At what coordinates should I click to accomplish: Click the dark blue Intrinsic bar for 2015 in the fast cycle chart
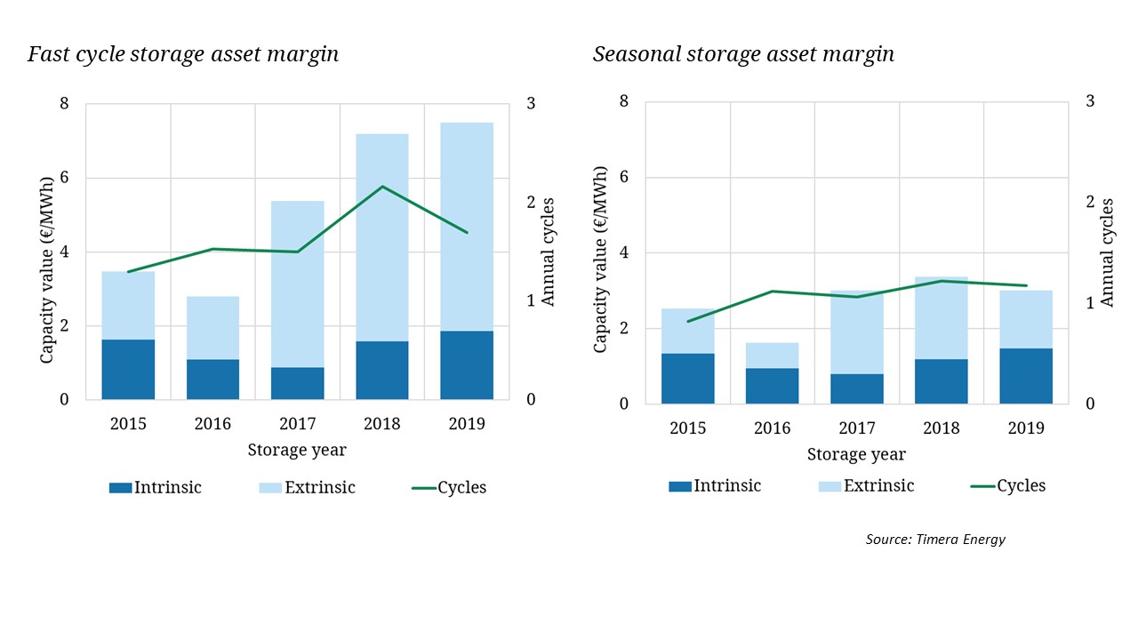[128, 370]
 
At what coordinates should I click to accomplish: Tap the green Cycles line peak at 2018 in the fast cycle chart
[382, 187]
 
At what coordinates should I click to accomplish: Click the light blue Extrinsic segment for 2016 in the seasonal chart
[772, 356]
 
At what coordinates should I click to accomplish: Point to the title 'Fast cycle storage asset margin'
[183, 54]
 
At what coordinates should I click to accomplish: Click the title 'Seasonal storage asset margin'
[743, 54]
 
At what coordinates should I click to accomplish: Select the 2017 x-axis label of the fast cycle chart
[298, 423]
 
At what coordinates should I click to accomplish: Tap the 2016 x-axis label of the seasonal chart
[772, 428]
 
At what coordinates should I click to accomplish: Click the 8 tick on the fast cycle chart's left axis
[64, 104]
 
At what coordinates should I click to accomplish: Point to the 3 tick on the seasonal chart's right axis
[1089, 101]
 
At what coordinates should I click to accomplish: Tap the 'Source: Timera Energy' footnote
[935, 540]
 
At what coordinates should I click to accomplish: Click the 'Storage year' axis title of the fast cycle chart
[297, 450]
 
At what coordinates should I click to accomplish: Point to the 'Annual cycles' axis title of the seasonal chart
[1107, 252]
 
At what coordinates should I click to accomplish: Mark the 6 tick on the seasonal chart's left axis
[625, 177]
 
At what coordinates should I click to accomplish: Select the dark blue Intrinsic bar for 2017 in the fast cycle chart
[298, 383]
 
